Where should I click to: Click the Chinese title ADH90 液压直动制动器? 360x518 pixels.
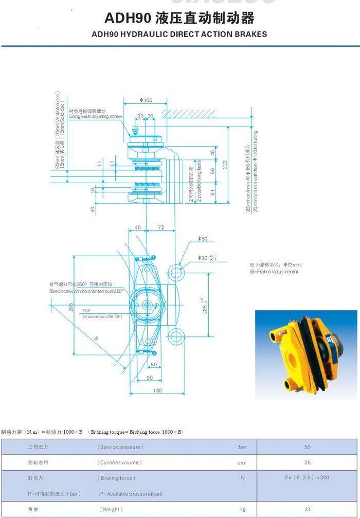click(x=179, y=19)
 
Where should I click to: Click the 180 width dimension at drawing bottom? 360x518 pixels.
click(x=158, y=390)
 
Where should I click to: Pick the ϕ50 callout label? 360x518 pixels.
click(x=203, y=239)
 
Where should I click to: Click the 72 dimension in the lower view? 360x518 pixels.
click(x=161, y=227)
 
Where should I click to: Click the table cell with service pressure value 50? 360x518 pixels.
click(x=307, y=448)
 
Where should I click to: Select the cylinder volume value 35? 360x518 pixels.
click(x=307, y=462)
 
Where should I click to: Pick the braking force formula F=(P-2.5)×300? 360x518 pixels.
click(x=307, y=478)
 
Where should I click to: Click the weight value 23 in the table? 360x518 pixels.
click(x=307, y=509)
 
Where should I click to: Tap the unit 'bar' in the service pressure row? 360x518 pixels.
click(x=242, y=448)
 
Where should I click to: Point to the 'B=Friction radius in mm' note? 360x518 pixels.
click(x=274, y=271)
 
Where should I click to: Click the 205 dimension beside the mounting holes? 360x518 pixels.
click(x=205, y=306)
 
